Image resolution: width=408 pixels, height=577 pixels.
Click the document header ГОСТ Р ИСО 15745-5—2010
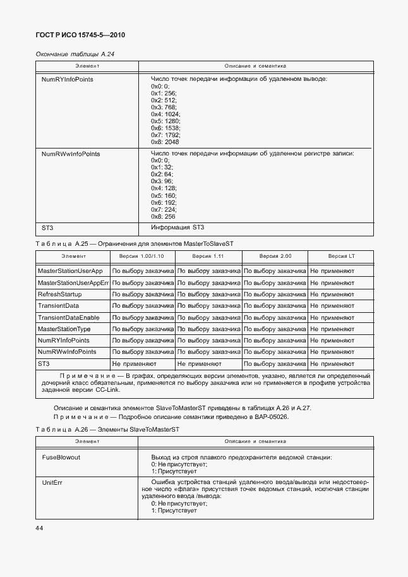pyautogui.click(x=84, y=35)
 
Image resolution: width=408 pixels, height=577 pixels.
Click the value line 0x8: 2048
pyautogui.click(x=165, y=142)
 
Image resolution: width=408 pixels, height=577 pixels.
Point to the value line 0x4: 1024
pyautogui.click(x=165, y=114)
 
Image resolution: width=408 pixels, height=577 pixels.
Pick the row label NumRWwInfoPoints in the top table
pyautogui.click(x=71, y=154)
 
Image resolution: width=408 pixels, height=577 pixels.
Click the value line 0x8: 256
pyautogui.click(x=164, y=216)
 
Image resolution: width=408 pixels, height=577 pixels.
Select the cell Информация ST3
pyautogui.click(x=177, y=228)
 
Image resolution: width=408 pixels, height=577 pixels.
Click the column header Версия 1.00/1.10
pyautogui.click(x=142, y=257)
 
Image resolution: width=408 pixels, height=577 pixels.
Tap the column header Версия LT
pyautogui.click(x=340, y=257)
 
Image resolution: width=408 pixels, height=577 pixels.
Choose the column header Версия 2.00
pyautogui.click(x=275, y=257)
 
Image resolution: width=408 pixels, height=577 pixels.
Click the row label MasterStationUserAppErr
pyautogui.click(x=73, y=282)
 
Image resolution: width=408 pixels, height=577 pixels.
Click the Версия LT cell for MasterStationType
pyautogui.click(x=332, y=329)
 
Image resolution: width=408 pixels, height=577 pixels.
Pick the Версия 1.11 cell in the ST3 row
pyautogui.click(x=199, y=364)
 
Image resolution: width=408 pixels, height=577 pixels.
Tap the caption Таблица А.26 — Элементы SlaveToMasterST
pyautogui.click(x=107, y=429)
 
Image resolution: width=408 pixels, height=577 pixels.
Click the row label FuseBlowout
pyautogui.click(x=61, y=457)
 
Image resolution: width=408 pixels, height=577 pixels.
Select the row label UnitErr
pyautogui.click(x=52, y=482)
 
